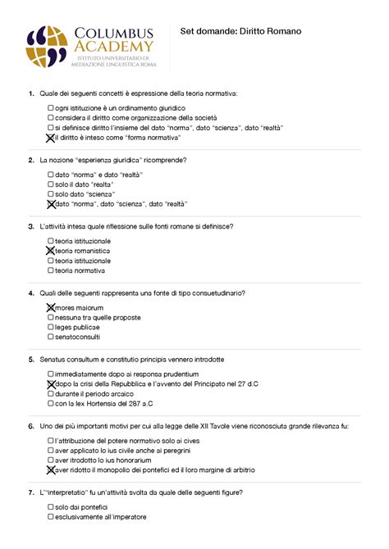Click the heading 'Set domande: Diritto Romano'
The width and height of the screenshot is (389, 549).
(240, 31)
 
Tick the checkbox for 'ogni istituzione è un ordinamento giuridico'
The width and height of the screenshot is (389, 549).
(51, 107)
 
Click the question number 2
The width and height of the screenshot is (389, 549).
(30, 160)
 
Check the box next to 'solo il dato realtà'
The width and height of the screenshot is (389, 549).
(51, 184)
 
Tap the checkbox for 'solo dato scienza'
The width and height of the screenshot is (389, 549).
(51, 194)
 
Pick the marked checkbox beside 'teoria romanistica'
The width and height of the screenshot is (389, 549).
(51, 250)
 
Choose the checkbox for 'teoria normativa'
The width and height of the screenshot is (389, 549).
(51, 270)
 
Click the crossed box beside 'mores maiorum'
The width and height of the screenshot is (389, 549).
(51, 307)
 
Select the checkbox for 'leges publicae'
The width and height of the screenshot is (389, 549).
(51, 327)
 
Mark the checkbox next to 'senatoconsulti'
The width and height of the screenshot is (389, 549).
(51, 337)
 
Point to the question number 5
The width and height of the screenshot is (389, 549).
(30, 359)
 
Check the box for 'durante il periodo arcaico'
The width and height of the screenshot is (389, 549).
(51, 393)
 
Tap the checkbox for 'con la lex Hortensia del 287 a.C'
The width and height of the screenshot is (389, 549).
(51, 403)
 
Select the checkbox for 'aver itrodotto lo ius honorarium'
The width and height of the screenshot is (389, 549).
(51, 461)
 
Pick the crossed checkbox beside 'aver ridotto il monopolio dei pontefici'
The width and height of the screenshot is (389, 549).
(51, 470)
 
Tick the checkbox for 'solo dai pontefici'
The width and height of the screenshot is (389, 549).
(51, 507)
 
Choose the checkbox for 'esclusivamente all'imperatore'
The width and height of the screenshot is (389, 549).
(51, 517)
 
